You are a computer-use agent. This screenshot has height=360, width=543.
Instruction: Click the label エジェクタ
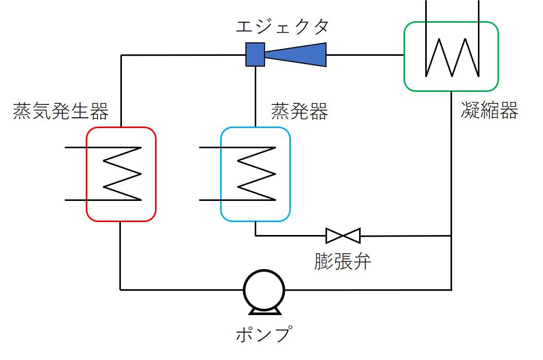[x=282, y=26]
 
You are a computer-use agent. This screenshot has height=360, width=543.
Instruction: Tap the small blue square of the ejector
[x=255, y=54]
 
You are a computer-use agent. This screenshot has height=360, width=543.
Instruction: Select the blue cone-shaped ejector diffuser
[x=297, y=54]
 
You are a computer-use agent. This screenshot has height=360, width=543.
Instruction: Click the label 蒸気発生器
[x=61, y=111]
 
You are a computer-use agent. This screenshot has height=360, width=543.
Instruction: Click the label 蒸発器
[x=299, y=111]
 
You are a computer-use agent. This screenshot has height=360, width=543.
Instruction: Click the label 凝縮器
[x=489, y=111]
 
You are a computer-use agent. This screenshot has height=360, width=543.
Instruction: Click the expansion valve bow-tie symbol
[x=343, y=236]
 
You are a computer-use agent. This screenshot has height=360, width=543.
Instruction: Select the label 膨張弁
[x=343, y=261]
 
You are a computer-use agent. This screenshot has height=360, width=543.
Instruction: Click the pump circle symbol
[x=264, y=291]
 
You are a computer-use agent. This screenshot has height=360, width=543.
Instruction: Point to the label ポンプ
[x=264, y=335]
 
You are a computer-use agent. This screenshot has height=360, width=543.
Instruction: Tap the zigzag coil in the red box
[x=123, y=174]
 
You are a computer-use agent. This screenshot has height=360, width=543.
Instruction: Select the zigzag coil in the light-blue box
[x=257, y=174]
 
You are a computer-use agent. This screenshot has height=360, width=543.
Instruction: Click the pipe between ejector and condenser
[x=365, y=54]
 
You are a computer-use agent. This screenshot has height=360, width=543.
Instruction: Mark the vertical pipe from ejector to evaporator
[x=255, y=96]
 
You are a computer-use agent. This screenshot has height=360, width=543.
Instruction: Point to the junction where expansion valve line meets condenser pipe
[x=452, y=236]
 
